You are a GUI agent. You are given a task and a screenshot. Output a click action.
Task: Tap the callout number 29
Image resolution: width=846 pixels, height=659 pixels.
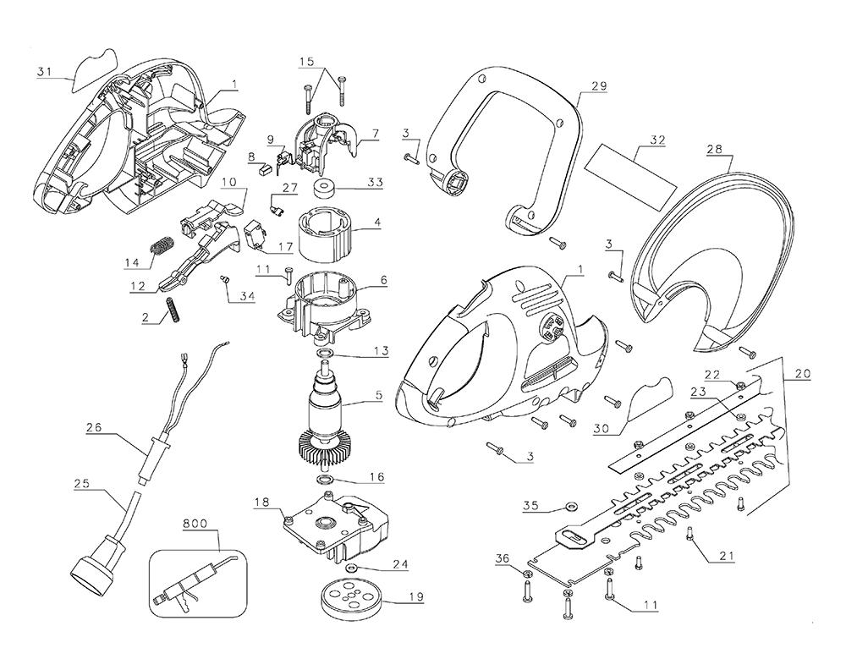599,87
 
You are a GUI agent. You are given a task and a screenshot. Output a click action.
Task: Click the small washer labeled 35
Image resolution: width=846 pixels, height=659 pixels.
569,508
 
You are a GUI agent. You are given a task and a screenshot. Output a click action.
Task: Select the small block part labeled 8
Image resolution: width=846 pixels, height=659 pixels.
261,167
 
